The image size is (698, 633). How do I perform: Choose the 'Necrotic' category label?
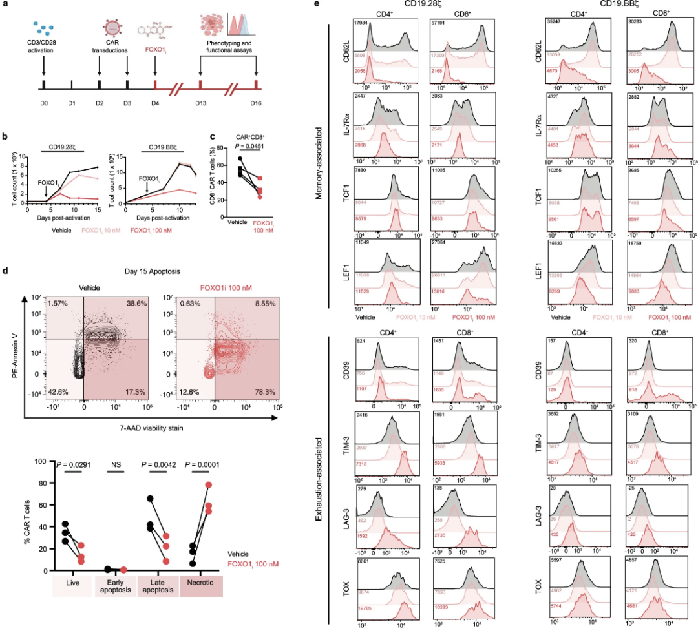201,585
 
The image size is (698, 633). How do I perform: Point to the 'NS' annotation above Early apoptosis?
114,464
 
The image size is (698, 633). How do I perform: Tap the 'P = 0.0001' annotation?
201,464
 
